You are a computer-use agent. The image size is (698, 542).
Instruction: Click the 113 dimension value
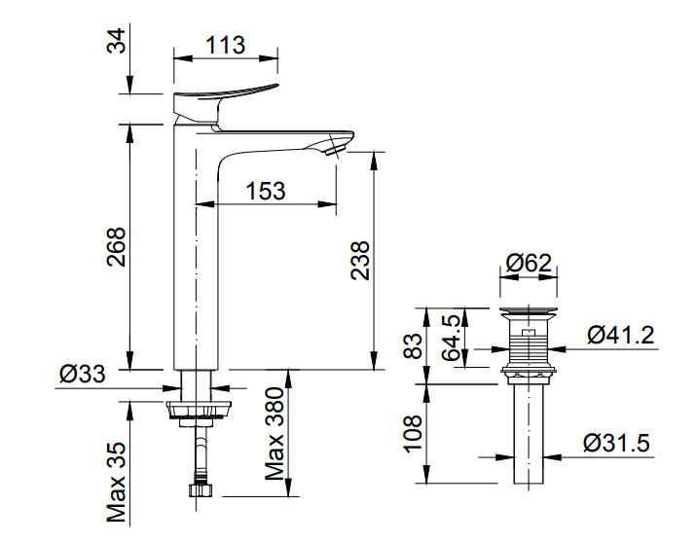pos(225,44)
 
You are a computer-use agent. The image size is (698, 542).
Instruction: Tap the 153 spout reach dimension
pos(266,190)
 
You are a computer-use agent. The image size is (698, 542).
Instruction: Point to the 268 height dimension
pos(116,252)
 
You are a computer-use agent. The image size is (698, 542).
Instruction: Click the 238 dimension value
pos(360,261)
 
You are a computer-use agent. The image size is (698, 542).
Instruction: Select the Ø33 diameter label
pos(83,374)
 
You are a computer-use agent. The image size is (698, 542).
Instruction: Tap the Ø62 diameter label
pos(530,263)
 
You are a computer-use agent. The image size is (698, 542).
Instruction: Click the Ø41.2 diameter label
pos(620,336)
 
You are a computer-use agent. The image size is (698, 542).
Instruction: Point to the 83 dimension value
pos(414,345)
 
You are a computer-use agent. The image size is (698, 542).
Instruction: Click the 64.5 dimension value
pos(452,338)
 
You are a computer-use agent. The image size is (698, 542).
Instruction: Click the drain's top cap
pos(529,313)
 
